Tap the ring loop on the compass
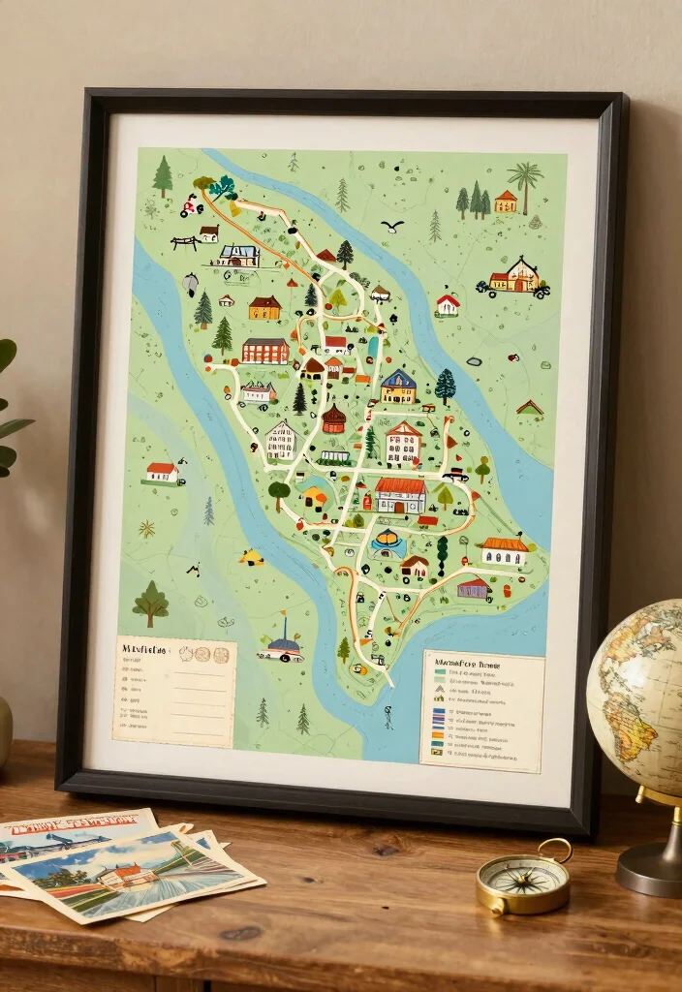(x=555, y=850)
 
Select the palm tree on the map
(x=525, y=181)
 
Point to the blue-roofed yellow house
(x=398, y=387)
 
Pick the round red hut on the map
(x=333, y=418)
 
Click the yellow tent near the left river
(x=252, y=557)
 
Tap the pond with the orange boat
(x=387, y=540)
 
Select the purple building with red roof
(x=473, y=587)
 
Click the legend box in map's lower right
(x=481, y=710)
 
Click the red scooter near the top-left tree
(x=191, y=205)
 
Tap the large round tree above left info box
(x=150, y=603)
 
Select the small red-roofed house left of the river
(x=162, y=472)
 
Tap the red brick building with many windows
(x=265, y=350)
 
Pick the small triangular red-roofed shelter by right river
(x=530, y=408)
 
